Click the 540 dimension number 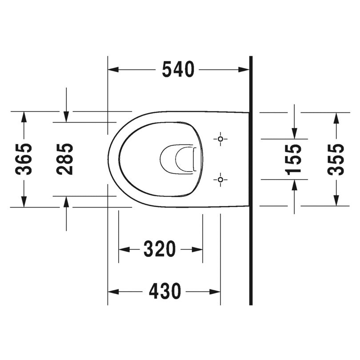[x=178, y=69]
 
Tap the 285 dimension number [x=66, y=159]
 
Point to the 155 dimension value [x=294, y=159]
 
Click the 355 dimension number [x=336, y=159]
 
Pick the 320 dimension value [x=160, y=249]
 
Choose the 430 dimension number [x=164, y=292]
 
